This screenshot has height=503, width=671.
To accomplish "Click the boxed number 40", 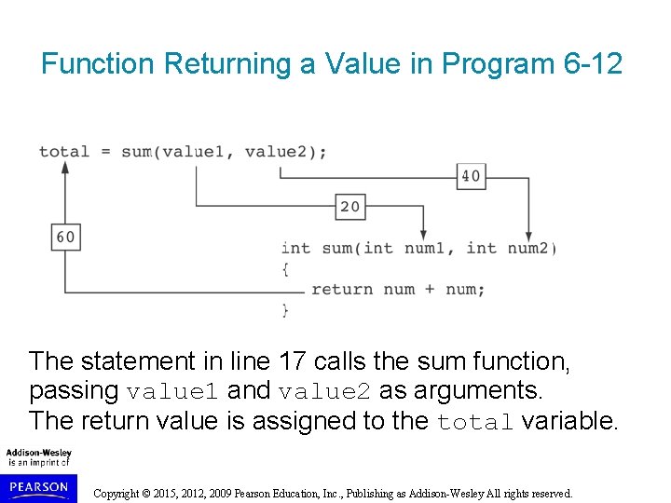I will (471, 175).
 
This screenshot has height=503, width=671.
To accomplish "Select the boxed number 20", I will (349, 206).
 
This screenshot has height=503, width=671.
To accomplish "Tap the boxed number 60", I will (65, 237).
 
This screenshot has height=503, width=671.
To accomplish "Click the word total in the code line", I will (64, 151).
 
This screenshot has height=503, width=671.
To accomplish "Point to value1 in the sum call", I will (193, 151).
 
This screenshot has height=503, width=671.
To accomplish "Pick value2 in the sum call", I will (276, 151).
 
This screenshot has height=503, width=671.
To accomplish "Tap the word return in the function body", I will (342, 289).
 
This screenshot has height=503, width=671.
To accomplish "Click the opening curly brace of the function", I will (285, 268).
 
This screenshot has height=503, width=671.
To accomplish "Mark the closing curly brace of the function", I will (285, 309).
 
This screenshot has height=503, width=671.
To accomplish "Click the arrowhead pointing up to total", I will (65, 168).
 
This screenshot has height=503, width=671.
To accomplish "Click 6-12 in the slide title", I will (594, 64).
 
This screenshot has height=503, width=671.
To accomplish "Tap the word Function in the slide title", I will (98, 64).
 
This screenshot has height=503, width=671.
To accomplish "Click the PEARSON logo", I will (39, 487).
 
